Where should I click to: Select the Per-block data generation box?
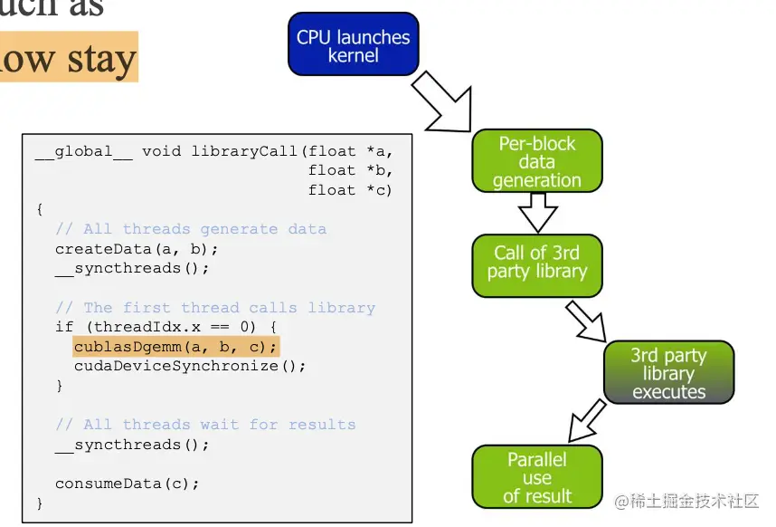[x=537, y=161]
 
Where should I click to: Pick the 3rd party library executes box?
[x=668, y=371]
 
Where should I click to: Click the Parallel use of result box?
[x=536, y=477]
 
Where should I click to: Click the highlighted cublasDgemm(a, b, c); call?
[x=176, y=347]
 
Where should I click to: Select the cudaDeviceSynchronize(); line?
[x=190, y=367]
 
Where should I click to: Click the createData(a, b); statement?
[x=137, y=249]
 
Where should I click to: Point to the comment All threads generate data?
[x=190, y=229]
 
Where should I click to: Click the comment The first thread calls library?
[x=214, y=308]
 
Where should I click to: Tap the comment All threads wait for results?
[x=204, y=425]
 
